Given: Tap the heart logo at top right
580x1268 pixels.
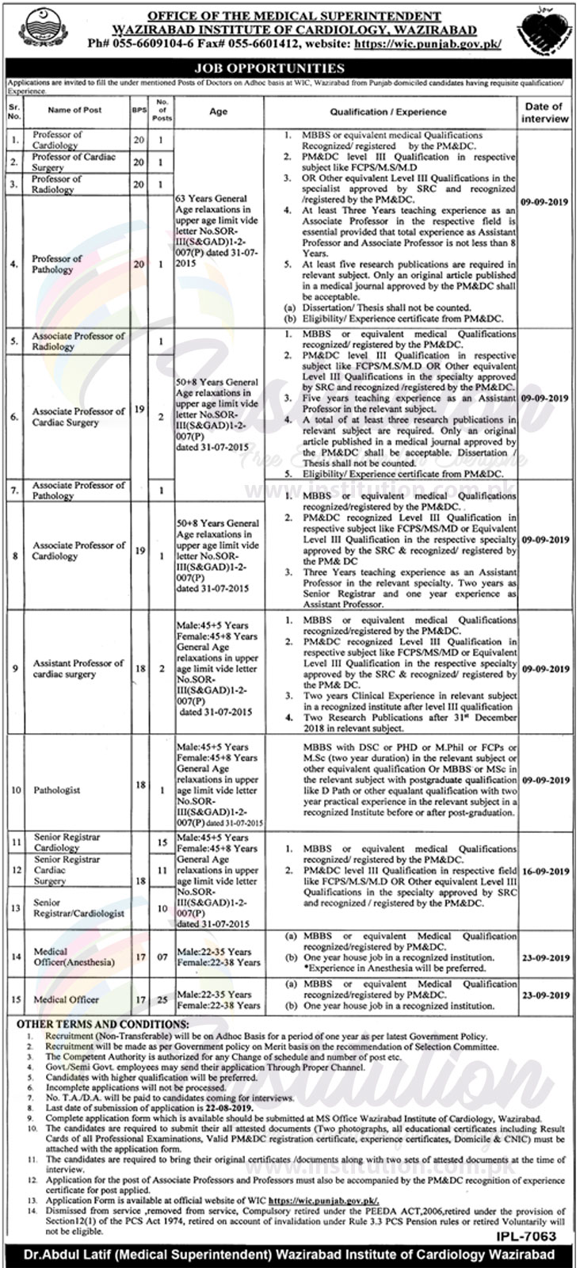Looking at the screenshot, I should pos(542,34).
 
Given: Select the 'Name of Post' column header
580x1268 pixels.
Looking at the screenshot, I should pos(74,111).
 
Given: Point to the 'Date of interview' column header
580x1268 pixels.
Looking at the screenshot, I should pos(544,112).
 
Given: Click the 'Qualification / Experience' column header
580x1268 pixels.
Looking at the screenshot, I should pos(388,112).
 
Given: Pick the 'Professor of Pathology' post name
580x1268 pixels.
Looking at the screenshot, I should pos(57,264).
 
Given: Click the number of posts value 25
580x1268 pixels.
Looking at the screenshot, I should pos(162,1000).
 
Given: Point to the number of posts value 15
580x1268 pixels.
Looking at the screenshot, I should pos(162,842).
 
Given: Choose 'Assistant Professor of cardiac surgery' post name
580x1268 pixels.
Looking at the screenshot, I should pos(78,668).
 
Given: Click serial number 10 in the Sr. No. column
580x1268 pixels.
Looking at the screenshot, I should pos(16,790).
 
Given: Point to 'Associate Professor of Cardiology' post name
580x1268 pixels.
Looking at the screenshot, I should pos(78,550).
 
